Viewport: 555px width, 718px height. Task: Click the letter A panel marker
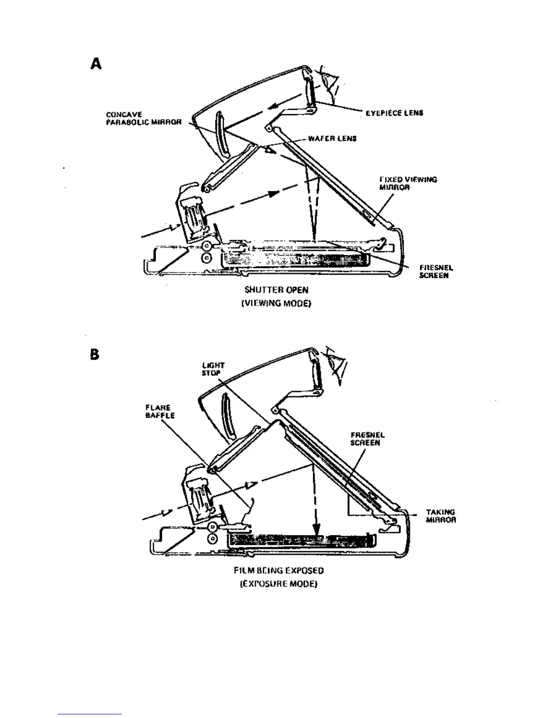click(96, 64)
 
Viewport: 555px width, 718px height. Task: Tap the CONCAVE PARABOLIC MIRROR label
click(144, 118)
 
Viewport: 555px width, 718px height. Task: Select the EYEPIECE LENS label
click(394, 113)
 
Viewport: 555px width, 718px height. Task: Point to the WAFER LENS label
click(332, 138)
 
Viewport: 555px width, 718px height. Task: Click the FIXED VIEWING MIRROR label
click(408, 183)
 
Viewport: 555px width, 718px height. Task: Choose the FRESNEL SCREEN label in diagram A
click(436, 272)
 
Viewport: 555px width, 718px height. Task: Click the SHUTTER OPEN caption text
click(276, 290)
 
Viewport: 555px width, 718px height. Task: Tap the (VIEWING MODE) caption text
click(276, 302)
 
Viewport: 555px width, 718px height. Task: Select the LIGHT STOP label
click(213, 369)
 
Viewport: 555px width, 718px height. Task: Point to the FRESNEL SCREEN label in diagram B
click(367, 439)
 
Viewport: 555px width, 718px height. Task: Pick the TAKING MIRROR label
click(441, 516)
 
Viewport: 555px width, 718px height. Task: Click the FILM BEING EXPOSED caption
click(278, 571)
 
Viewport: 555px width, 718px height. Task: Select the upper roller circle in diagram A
click(206, 246)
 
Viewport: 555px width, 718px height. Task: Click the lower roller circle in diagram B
click(212, 538)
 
